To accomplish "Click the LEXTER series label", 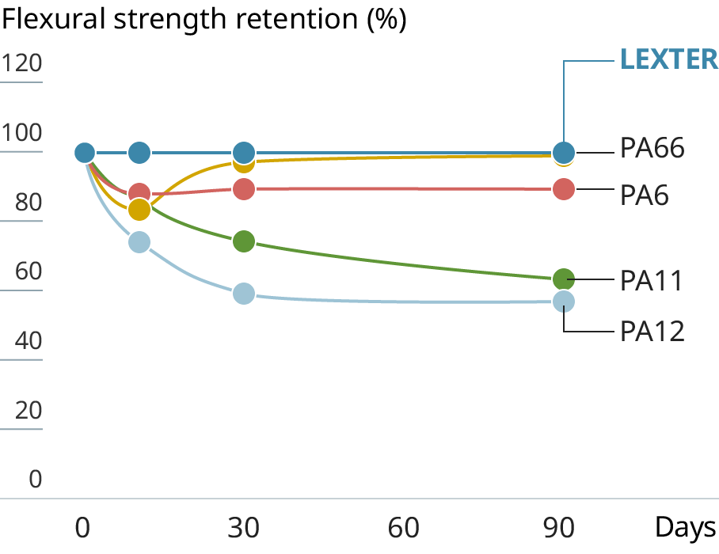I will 668,59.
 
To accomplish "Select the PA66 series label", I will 652,148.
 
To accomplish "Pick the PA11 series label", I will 651,280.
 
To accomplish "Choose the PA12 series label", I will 652,330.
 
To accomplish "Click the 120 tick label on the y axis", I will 21,63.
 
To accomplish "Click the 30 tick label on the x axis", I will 244,527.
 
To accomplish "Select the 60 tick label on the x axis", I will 403,527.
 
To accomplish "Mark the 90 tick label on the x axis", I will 563,527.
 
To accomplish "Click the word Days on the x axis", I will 685,527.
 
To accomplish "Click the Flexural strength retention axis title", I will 204,20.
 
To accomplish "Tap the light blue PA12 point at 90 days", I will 563,302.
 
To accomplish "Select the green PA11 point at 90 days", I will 563,279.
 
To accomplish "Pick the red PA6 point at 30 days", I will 244,189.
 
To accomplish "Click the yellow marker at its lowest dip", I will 139,210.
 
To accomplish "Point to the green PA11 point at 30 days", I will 244,241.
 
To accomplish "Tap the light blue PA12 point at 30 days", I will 244,294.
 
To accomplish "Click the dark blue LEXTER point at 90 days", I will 563,152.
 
